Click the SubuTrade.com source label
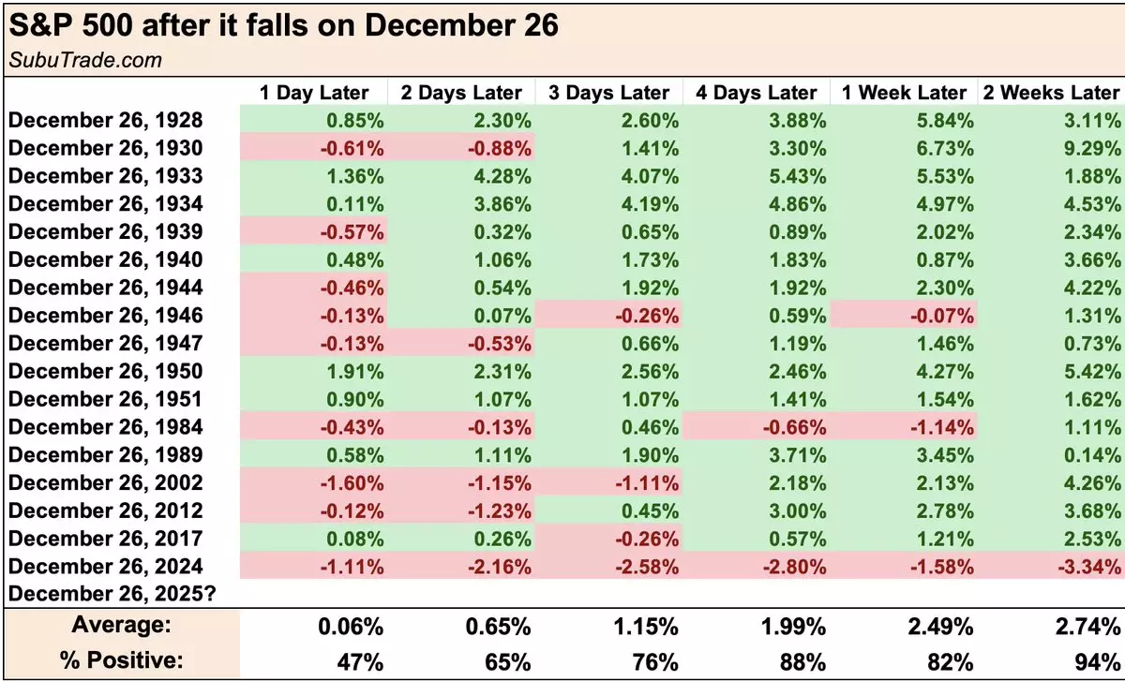(85, 61)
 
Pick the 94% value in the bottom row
(1100, 660)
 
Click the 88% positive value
(805, 660)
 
